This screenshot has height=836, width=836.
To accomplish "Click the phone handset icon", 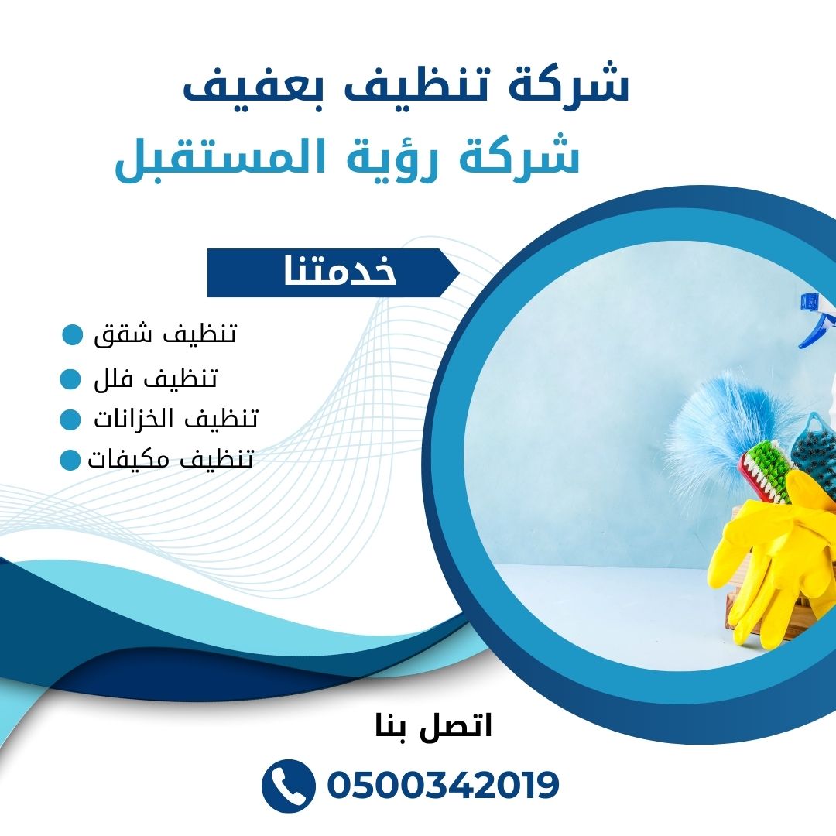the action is click(x=289, y=786).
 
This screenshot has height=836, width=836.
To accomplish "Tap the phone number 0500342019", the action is click(x=443, y=786).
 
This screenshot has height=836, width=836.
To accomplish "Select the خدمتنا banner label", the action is click(x=340, y=272).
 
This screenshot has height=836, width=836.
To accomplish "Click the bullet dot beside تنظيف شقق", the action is click(x=73, y=334).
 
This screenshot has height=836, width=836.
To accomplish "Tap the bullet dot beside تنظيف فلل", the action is click(x=70, y=379).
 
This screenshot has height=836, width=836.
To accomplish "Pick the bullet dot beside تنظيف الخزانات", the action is click(x=70, y=419).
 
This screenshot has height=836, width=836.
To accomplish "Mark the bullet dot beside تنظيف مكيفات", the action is click(x=70, y=460).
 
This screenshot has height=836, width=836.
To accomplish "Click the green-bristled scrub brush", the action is click(x=762, y=468).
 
